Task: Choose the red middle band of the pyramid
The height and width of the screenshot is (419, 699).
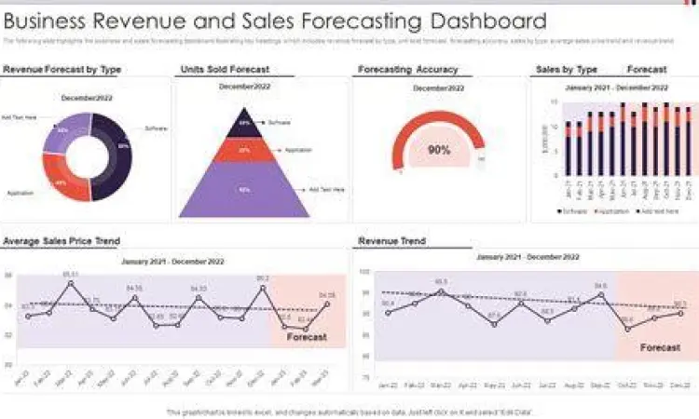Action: [244, 150]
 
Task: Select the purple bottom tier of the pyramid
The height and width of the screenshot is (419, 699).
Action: [244, 189]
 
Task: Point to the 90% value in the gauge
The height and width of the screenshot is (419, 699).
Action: [438, 150]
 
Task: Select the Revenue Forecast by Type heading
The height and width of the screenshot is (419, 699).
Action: [62, 70]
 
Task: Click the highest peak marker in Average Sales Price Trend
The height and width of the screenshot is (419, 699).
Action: [71, 283]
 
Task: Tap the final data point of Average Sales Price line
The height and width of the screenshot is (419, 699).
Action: [326, 304]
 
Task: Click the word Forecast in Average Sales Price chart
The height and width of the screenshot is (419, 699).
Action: [307, 337]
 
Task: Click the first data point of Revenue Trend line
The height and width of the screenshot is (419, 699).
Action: [388, 312]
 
